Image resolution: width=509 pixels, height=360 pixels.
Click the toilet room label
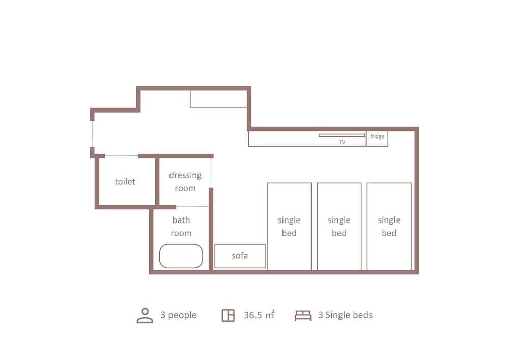[x=125, y=181]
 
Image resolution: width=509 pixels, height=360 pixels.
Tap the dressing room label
[x=185, y=181]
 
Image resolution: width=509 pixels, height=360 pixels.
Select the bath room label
[x=181, y=227]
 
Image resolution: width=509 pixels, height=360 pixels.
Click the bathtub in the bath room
[x=181, y=256]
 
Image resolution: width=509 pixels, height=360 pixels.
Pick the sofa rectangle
[x=240, y=256]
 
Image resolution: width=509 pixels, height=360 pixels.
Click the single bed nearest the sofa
[x=289, y=226]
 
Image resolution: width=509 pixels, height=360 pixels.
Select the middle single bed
[x=339, y=226]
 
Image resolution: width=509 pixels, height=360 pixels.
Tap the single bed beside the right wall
[x=389, y=226]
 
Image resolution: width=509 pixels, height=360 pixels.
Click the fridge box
[x=377, y=137]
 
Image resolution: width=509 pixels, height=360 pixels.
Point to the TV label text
[x=342, y=143]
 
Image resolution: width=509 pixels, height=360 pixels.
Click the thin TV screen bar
[x=342, y=135]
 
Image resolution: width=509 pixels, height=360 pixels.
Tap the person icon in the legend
[x=145, y=315]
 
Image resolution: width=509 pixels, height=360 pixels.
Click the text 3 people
[x=178, y=315]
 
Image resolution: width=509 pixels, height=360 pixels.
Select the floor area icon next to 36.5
[x=228, y=316]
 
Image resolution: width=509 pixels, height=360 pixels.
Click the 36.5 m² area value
[x=259, y=315]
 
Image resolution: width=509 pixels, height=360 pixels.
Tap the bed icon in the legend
[x=303, y=316]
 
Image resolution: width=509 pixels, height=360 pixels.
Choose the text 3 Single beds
[x=345, y=315]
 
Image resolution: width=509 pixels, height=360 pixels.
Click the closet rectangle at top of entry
[x=218, y=99]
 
